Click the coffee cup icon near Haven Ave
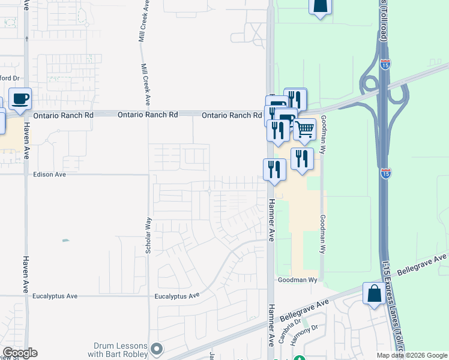[x=20, y=98]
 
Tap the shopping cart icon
[x=304, y=129]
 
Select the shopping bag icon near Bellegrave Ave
[x=375, y=294]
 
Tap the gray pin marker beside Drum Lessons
[x=157, y=349]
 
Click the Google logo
[x=20, y=353]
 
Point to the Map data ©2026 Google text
[x=412, y=355]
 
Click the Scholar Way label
[x=148, y=238]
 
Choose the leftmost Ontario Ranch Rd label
[x=64, y=115]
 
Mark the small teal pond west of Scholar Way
[x=65, y=241]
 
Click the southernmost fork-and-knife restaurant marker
[x=274, y=169]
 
